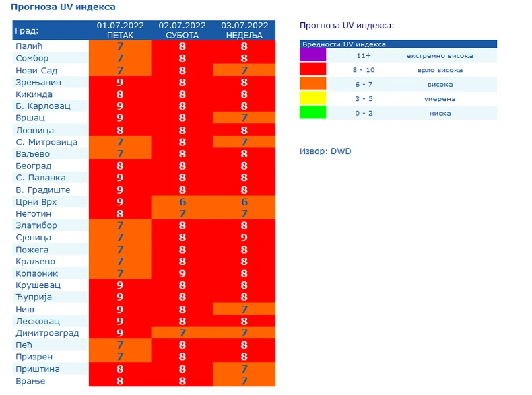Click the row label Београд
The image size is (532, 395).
(x=33, y=166)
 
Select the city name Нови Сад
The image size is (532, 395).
(x=36, y=71)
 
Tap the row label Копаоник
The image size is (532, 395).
(x=37, y=273)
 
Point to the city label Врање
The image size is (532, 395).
(x=30, y=381)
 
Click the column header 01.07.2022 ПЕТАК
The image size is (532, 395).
(x=120, y=30)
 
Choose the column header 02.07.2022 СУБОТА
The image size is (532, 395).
(x=182, y=30)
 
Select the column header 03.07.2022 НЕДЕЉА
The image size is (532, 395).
(x=244, y=30)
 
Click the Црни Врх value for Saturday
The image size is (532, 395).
(x=182, y=201)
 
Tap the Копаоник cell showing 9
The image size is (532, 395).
(x=182, y=273)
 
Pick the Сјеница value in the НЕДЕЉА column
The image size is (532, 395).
(x=244, y=237)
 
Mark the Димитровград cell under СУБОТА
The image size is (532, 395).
(x=182, y=333)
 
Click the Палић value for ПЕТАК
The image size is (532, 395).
(x=120, y=46)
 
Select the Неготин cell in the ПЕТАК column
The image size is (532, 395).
(x=120, y=213)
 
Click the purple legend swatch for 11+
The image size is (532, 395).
(x=313, y=55)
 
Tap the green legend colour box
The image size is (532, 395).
(x=313, y=113)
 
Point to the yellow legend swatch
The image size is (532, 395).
(x=313, y=99)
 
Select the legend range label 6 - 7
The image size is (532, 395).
(x=364, y=85)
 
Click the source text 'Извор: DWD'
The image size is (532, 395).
(x=325, y=151)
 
